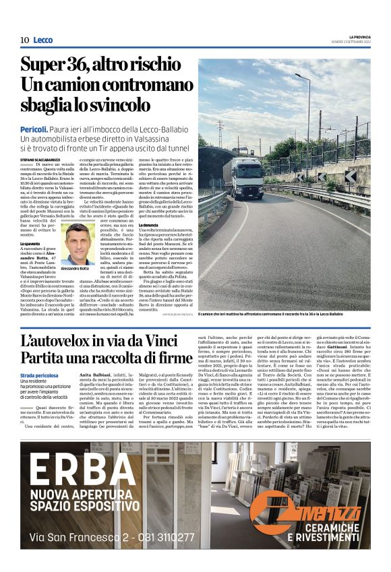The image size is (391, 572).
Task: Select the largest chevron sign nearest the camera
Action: pos(350,177)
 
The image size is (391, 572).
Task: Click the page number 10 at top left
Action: pos(24,40)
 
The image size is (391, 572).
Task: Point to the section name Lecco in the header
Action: pos(42,40)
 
